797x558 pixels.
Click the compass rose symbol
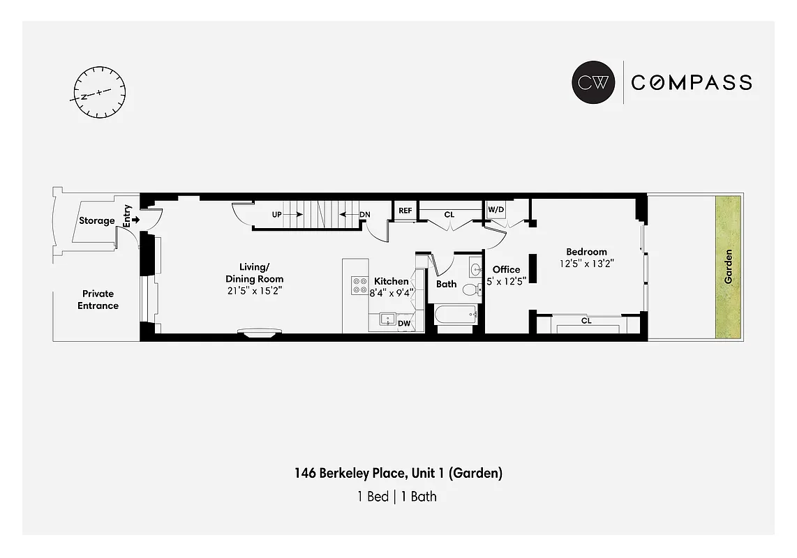99,92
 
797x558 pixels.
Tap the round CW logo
593,82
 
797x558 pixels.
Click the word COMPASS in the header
691,82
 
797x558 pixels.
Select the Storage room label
96,220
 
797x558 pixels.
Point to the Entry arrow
135,220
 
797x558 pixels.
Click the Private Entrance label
98,300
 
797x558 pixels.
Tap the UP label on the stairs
277,214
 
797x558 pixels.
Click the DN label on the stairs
364,214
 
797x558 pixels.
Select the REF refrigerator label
405,211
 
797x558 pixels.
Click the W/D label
496,209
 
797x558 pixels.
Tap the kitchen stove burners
359,285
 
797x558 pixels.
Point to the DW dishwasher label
404,323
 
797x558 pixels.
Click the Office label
506,269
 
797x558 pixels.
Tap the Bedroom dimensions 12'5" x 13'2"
586,264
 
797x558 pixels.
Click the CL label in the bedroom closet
586,321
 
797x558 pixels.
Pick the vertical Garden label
728,266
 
